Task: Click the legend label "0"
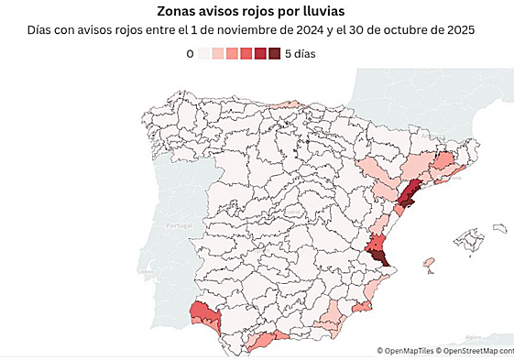[190, 54]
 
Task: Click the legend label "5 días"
[301, 54]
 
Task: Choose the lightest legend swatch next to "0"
[203, 54]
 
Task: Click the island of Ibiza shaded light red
[428, 265]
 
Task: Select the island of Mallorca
[473, 241]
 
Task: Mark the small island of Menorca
[499, 227]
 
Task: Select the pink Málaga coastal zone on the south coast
[266, 342]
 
